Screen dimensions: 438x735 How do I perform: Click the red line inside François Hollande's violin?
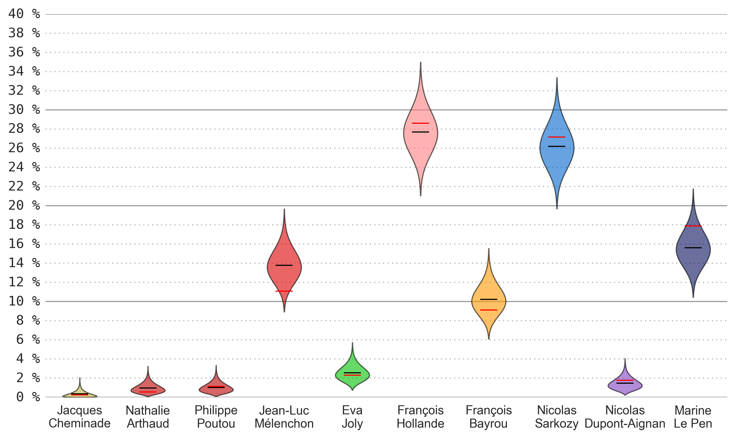(x=420, y=123)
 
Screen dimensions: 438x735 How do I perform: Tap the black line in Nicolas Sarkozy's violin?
(x=556, y=146)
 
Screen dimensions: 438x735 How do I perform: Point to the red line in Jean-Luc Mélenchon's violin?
(x=284, y=291)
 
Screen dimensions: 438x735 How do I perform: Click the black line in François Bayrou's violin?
(x=488, y=299)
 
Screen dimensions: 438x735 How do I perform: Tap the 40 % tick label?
(x=24, y=14)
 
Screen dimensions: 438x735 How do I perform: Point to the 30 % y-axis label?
(x=24, y=110)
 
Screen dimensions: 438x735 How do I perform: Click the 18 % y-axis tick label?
(x=24, y=225)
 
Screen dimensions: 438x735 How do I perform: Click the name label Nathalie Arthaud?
(x=148, y=417)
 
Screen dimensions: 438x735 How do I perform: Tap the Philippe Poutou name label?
(x=216, y=417)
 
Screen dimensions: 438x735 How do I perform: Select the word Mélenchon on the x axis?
(x=284, y=424)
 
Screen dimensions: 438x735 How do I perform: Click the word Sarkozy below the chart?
(x=556, y=424)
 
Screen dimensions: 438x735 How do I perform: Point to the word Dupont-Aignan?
(x=625, y=424)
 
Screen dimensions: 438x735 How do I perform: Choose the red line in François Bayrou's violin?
(x=488, y=310)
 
